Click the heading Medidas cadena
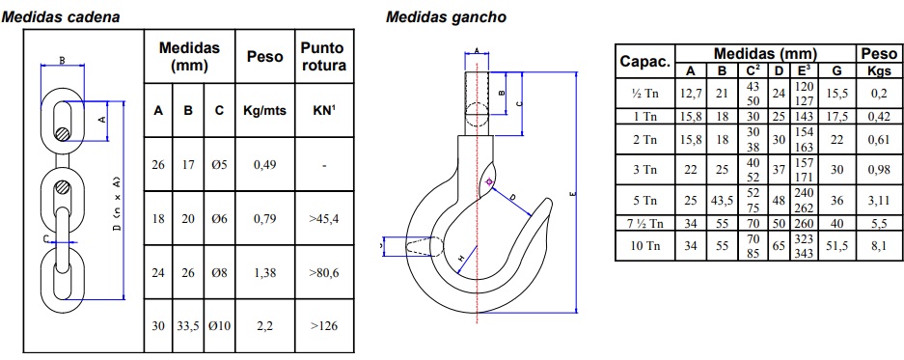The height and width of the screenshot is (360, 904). coord(61,17)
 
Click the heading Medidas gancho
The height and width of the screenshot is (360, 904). coord(446,17)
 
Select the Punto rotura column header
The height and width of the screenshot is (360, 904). coord(323,57)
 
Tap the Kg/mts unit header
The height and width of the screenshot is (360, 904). coord(264,110)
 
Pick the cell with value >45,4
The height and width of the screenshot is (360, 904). coord(324,219)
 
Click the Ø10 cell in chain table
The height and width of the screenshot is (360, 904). coord(219,326)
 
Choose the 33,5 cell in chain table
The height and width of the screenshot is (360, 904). coord(188,326)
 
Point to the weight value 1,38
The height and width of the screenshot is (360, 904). coord(264,272)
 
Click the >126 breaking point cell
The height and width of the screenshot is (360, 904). coord(324,326)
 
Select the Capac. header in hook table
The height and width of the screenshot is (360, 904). coord(645,62)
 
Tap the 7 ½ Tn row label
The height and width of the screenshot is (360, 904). coord(645,223)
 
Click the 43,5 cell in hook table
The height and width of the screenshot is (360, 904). coord(722,201)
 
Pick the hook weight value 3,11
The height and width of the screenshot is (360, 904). coord(880,201)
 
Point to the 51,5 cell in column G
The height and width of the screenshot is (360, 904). coord(837,246)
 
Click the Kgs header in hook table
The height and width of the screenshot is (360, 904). coord(880,71)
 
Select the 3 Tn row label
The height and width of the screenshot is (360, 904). coord(645,170)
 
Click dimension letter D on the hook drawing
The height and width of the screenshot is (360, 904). coord(512,197)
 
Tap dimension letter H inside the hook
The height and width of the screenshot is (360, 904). coord(460,259)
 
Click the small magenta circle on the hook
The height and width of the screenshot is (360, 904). coord(489,182)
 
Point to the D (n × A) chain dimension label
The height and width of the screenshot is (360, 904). coord(118,203)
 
